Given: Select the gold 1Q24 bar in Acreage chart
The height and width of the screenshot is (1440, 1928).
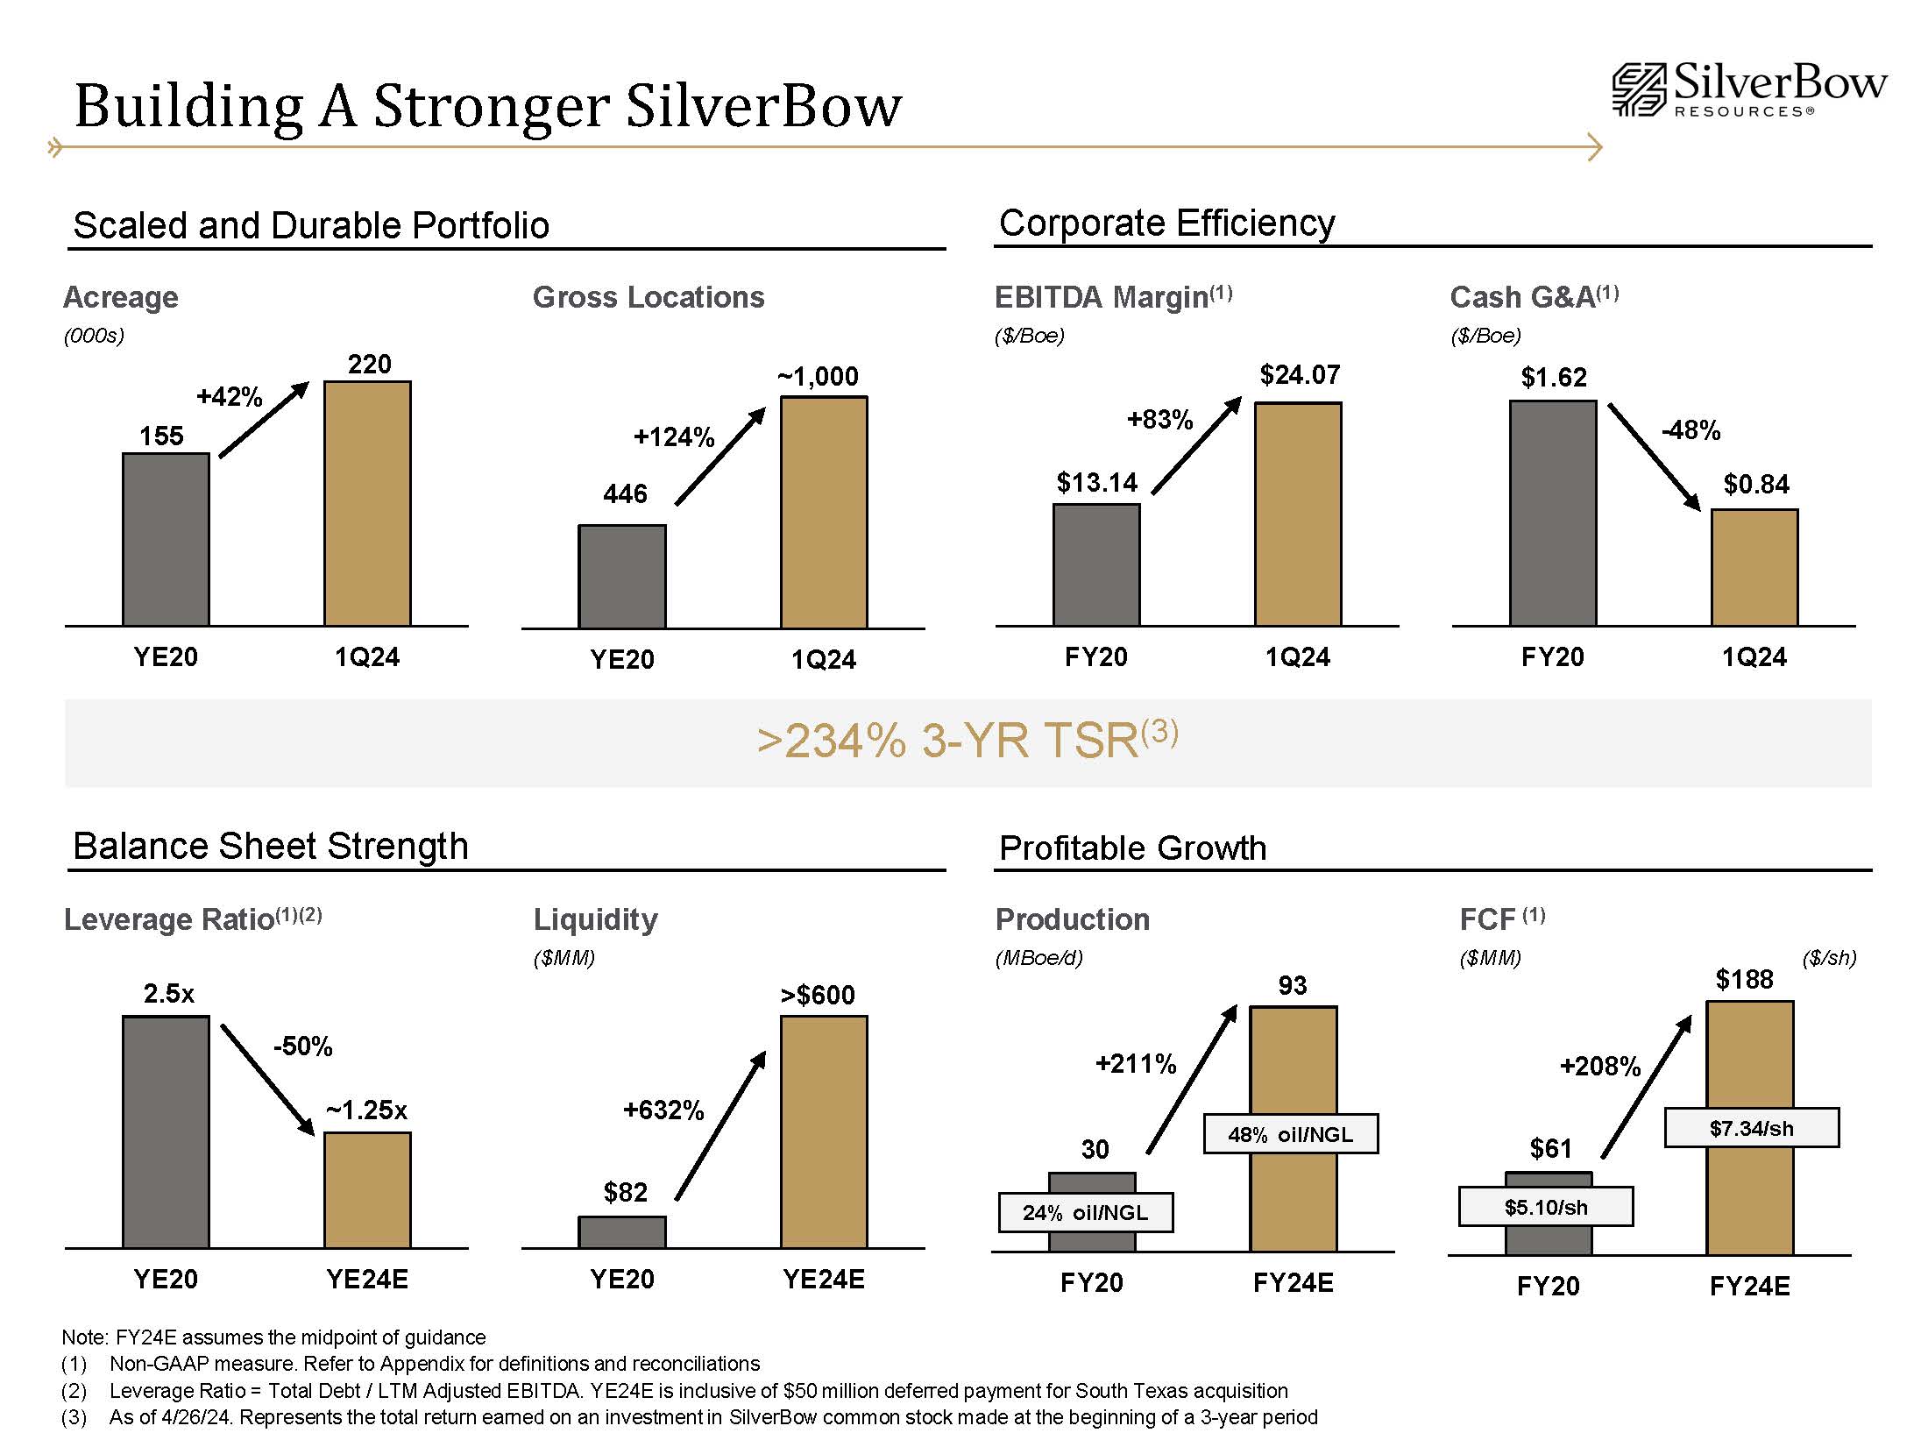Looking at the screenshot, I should click(367, 503).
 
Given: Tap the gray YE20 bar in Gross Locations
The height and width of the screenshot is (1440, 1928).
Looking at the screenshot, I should click(622, 577).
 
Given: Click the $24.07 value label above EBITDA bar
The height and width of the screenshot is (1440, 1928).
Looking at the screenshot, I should click(1300, 375).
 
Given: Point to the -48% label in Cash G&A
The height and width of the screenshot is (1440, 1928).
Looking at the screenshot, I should click(1691, 430).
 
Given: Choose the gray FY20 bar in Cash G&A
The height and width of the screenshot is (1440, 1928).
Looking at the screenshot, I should click(1552, 513).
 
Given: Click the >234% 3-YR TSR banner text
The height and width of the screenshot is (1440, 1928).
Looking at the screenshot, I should click(968, 741).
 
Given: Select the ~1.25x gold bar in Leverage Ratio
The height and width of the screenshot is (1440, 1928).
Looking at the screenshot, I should click(367, 1189).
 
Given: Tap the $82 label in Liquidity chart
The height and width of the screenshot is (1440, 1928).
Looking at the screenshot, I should click(625, 1192).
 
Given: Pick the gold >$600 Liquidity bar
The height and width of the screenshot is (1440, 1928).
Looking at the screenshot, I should click(824, 1131).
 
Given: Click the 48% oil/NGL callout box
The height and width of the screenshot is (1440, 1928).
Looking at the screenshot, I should click(1290, 1134).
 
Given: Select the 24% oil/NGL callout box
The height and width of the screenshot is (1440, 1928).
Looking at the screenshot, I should click(1085, 1213).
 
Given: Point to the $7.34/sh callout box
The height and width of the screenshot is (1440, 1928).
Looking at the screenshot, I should click(1751, 1128).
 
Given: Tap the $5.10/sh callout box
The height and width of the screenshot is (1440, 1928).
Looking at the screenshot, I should click(1545, 1207).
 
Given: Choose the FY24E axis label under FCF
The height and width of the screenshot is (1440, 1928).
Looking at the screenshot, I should click(1749, 1286).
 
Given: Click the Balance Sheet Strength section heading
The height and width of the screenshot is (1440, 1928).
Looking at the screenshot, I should click(271, 847).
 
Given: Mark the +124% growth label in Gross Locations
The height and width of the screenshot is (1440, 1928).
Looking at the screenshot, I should click(674, 436).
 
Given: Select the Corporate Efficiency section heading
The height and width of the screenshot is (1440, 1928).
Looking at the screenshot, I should click(1166, 223).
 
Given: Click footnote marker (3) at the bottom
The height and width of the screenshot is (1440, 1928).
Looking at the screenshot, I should click(74, 1417).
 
